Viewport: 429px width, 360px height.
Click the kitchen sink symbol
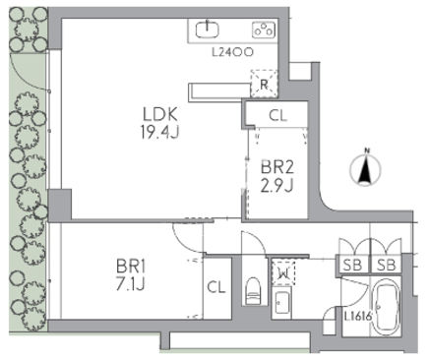click(208, 30)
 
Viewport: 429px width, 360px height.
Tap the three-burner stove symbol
click(264, 30)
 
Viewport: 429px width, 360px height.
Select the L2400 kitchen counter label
click(232, 52)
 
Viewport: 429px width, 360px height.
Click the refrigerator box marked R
click(264, 84)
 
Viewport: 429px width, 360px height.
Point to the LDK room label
click(160, 114)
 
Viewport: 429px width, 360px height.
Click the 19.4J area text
click(160, 132)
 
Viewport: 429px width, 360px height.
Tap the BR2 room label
click(277, 167)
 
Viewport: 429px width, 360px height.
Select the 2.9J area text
click(276, 186)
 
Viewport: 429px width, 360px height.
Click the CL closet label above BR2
click(278, 115)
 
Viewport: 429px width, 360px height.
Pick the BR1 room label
click(131, 267)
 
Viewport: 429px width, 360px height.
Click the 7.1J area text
click(130, 284)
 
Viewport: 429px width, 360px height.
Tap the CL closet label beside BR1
click(216, 287)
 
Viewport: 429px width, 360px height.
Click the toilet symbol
click(254, 291)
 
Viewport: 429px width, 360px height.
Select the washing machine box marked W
click(283, 273)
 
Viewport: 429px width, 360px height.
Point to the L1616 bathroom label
click(358, 317)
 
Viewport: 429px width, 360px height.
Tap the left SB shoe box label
click(352, 265)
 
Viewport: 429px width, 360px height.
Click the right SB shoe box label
click(387, 265)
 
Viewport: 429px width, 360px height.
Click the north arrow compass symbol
click(365, 168)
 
